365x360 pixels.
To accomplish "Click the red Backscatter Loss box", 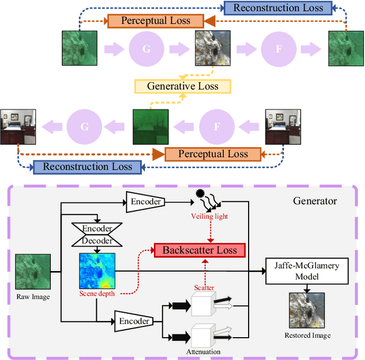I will [200, 250].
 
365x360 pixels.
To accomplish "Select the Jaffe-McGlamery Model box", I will [307, 271].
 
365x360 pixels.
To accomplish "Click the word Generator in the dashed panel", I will [315, 201].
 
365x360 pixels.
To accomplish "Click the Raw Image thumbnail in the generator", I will [32, 272].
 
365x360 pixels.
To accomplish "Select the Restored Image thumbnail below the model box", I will [307, 310].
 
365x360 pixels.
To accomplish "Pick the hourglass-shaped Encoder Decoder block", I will [97, 234].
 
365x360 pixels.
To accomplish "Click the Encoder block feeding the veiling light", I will [145, 201].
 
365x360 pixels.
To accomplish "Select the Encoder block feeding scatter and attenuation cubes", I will [133, 321].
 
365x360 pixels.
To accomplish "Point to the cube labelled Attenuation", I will [202, 335].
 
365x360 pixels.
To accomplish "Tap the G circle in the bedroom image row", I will [84, 126].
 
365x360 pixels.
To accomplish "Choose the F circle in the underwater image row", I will [279, 49].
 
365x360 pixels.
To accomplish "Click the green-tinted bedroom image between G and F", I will [151, 126].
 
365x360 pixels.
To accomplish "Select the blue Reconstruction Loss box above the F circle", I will [278, 8].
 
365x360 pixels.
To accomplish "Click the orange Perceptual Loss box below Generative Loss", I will [213, 153].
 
